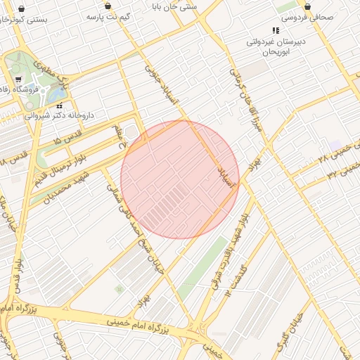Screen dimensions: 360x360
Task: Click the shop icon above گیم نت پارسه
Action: (108, 6)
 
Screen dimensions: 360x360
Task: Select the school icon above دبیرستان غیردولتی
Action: (276, 31)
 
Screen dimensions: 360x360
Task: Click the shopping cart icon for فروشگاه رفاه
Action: (19, 79)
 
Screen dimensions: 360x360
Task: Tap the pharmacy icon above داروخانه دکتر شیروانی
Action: (60, 105)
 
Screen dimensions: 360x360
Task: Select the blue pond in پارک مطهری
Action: (44, 92)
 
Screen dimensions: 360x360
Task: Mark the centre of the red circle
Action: (180, 179)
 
